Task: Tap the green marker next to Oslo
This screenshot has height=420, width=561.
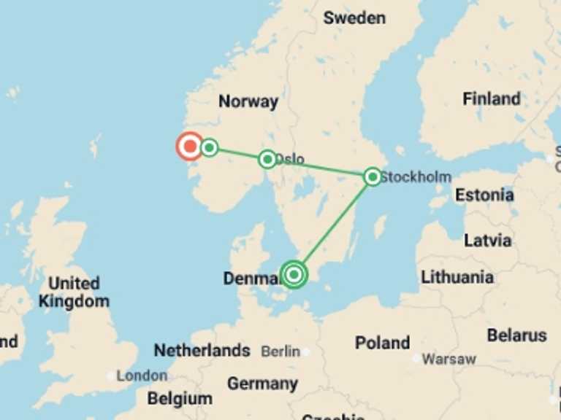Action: [267, 159]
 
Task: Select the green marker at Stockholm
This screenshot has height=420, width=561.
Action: [373, 176]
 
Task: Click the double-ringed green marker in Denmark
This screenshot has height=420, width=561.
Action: [294, 274]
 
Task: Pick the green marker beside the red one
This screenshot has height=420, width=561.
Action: [210, 148]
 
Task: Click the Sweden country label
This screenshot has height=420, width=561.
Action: [354, 17]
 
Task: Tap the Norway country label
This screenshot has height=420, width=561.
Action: [248, 101]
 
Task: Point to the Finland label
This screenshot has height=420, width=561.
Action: [492, 98]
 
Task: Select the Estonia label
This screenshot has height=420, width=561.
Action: [484, 195]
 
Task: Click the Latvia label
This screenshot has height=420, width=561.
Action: [487, 240]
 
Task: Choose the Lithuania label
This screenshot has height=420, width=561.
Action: [457, 277]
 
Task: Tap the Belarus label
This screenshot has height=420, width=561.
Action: [517, 335]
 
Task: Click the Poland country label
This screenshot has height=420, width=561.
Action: [382, 342]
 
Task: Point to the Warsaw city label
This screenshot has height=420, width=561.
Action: [449, 359]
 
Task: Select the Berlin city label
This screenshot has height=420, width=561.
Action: [280, 351]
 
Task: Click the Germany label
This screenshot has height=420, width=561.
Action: [262, 384]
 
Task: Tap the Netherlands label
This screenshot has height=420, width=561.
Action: [202, 351]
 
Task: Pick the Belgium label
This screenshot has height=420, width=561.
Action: [180, 399]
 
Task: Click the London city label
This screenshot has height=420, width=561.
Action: [142, 376]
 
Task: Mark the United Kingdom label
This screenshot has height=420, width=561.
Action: [74, 292]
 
